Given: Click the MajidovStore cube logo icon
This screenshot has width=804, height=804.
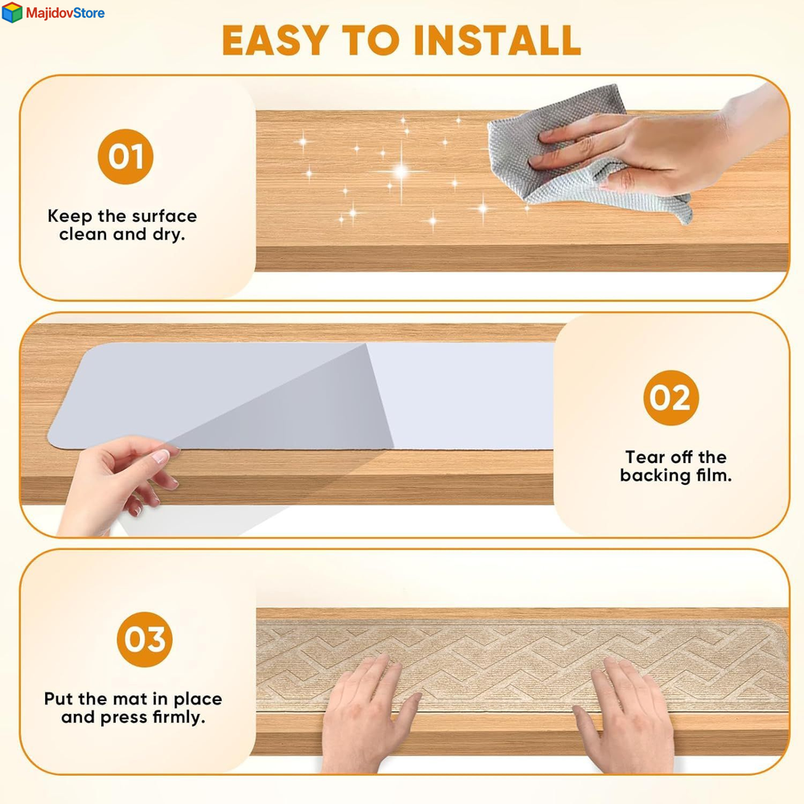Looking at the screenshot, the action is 12,12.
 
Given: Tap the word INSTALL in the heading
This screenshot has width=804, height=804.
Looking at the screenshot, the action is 498,40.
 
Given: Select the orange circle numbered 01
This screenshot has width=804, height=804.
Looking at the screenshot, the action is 125,157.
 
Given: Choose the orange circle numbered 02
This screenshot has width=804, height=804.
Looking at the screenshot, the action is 671,397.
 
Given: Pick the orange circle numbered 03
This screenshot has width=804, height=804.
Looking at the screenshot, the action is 145,639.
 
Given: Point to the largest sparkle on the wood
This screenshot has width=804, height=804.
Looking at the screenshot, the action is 401,170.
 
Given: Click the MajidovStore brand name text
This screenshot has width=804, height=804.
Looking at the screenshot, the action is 65,13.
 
